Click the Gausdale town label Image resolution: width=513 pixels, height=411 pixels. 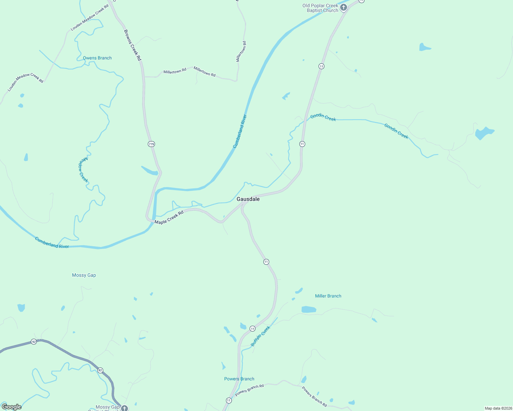[248, 199]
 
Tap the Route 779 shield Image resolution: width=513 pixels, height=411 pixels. [152, 144]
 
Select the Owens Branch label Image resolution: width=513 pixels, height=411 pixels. [97, 58]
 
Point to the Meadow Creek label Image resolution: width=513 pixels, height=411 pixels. [83, 170]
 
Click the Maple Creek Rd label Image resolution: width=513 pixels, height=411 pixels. [169, 217]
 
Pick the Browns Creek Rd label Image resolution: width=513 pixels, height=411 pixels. [132, 45]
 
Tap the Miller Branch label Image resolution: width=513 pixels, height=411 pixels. [328, 296]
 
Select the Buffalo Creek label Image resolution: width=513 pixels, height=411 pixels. [261, 336]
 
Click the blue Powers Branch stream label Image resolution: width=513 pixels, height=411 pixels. [239, 379]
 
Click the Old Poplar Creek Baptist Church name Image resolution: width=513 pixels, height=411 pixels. [320, 8]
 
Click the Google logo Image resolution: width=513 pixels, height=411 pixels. [12, 407]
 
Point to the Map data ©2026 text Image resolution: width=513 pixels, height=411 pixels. [498, 408]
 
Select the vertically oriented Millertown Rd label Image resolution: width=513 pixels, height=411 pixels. [241, 51]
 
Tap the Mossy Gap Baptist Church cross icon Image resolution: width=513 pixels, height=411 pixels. [124, 408]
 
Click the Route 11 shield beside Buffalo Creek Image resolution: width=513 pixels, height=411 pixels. [252, 328]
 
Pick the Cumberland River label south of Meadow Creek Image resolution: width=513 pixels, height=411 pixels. [52, 243]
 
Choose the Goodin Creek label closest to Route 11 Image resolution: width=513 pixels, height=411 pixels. [323, 117]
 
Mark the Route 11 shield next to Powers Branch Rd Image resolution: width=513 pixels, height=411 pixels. [229, 400]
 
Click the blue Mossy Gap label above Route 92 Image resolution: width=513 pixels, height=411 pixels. [84, 275]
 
